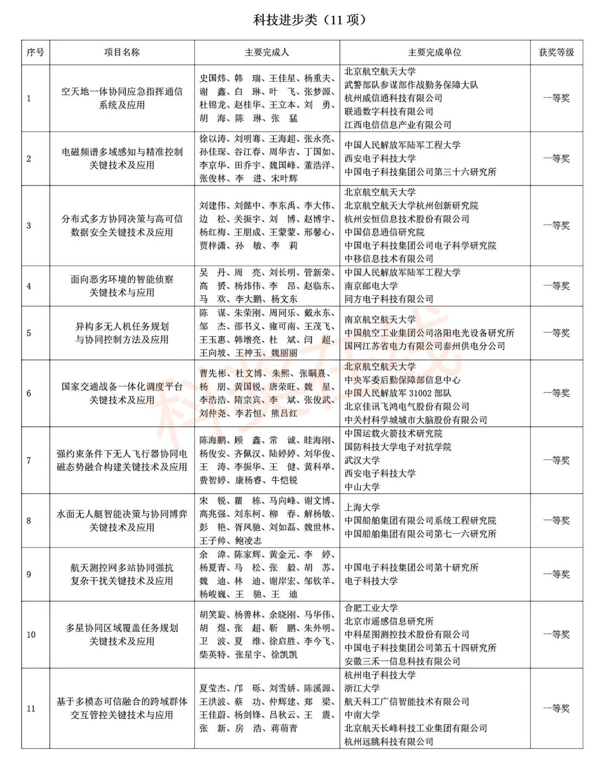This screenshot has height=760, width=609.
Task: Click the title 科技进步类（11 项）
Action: pos(310,20)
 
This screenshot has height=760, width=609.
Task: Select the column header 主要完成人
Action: pos(266,52)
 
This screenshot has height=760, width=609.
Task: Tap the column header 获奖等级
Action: pos(556,52)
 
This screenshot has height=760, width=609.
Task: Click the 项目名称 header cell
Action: pos(122,52)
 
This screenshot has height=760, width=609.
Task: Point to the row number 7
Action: pos(29,460)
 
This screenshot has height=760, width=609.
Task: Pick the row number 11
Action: pos(31,709)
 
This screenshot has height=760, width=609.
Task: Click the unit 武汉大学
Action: pos(362,460)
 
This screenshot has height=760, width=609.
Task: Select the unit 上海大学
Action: pos(362,507)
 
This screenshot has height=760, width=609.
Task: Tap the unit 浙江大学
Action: pos(362,688)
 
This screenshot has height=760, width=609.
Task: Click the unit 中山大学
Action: pos(362,487)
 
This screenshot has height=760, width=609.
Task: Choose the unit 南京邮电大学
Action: pos(371,286)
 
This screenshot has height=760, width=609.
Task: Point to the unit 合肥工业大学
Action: pos(371,608)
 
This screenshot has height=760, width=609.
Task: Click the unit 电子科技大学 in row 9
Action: pos(371,581)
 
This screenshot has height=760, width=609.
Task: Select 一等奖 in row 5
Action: pos(556,333)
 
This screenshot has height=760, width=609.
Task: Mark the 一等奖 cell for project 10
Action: pos(556,634)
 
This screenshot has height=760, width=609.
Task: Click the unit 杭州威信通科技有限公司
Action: pos(393,98)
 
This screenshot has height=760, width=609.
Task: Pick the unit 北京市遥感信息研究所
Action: pos(389,621)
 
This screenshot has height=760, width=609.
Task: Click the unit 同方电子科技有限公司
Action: pos(389,299)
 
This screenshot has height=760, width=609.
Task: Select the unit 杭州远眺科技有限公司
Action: pos(389,741)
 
